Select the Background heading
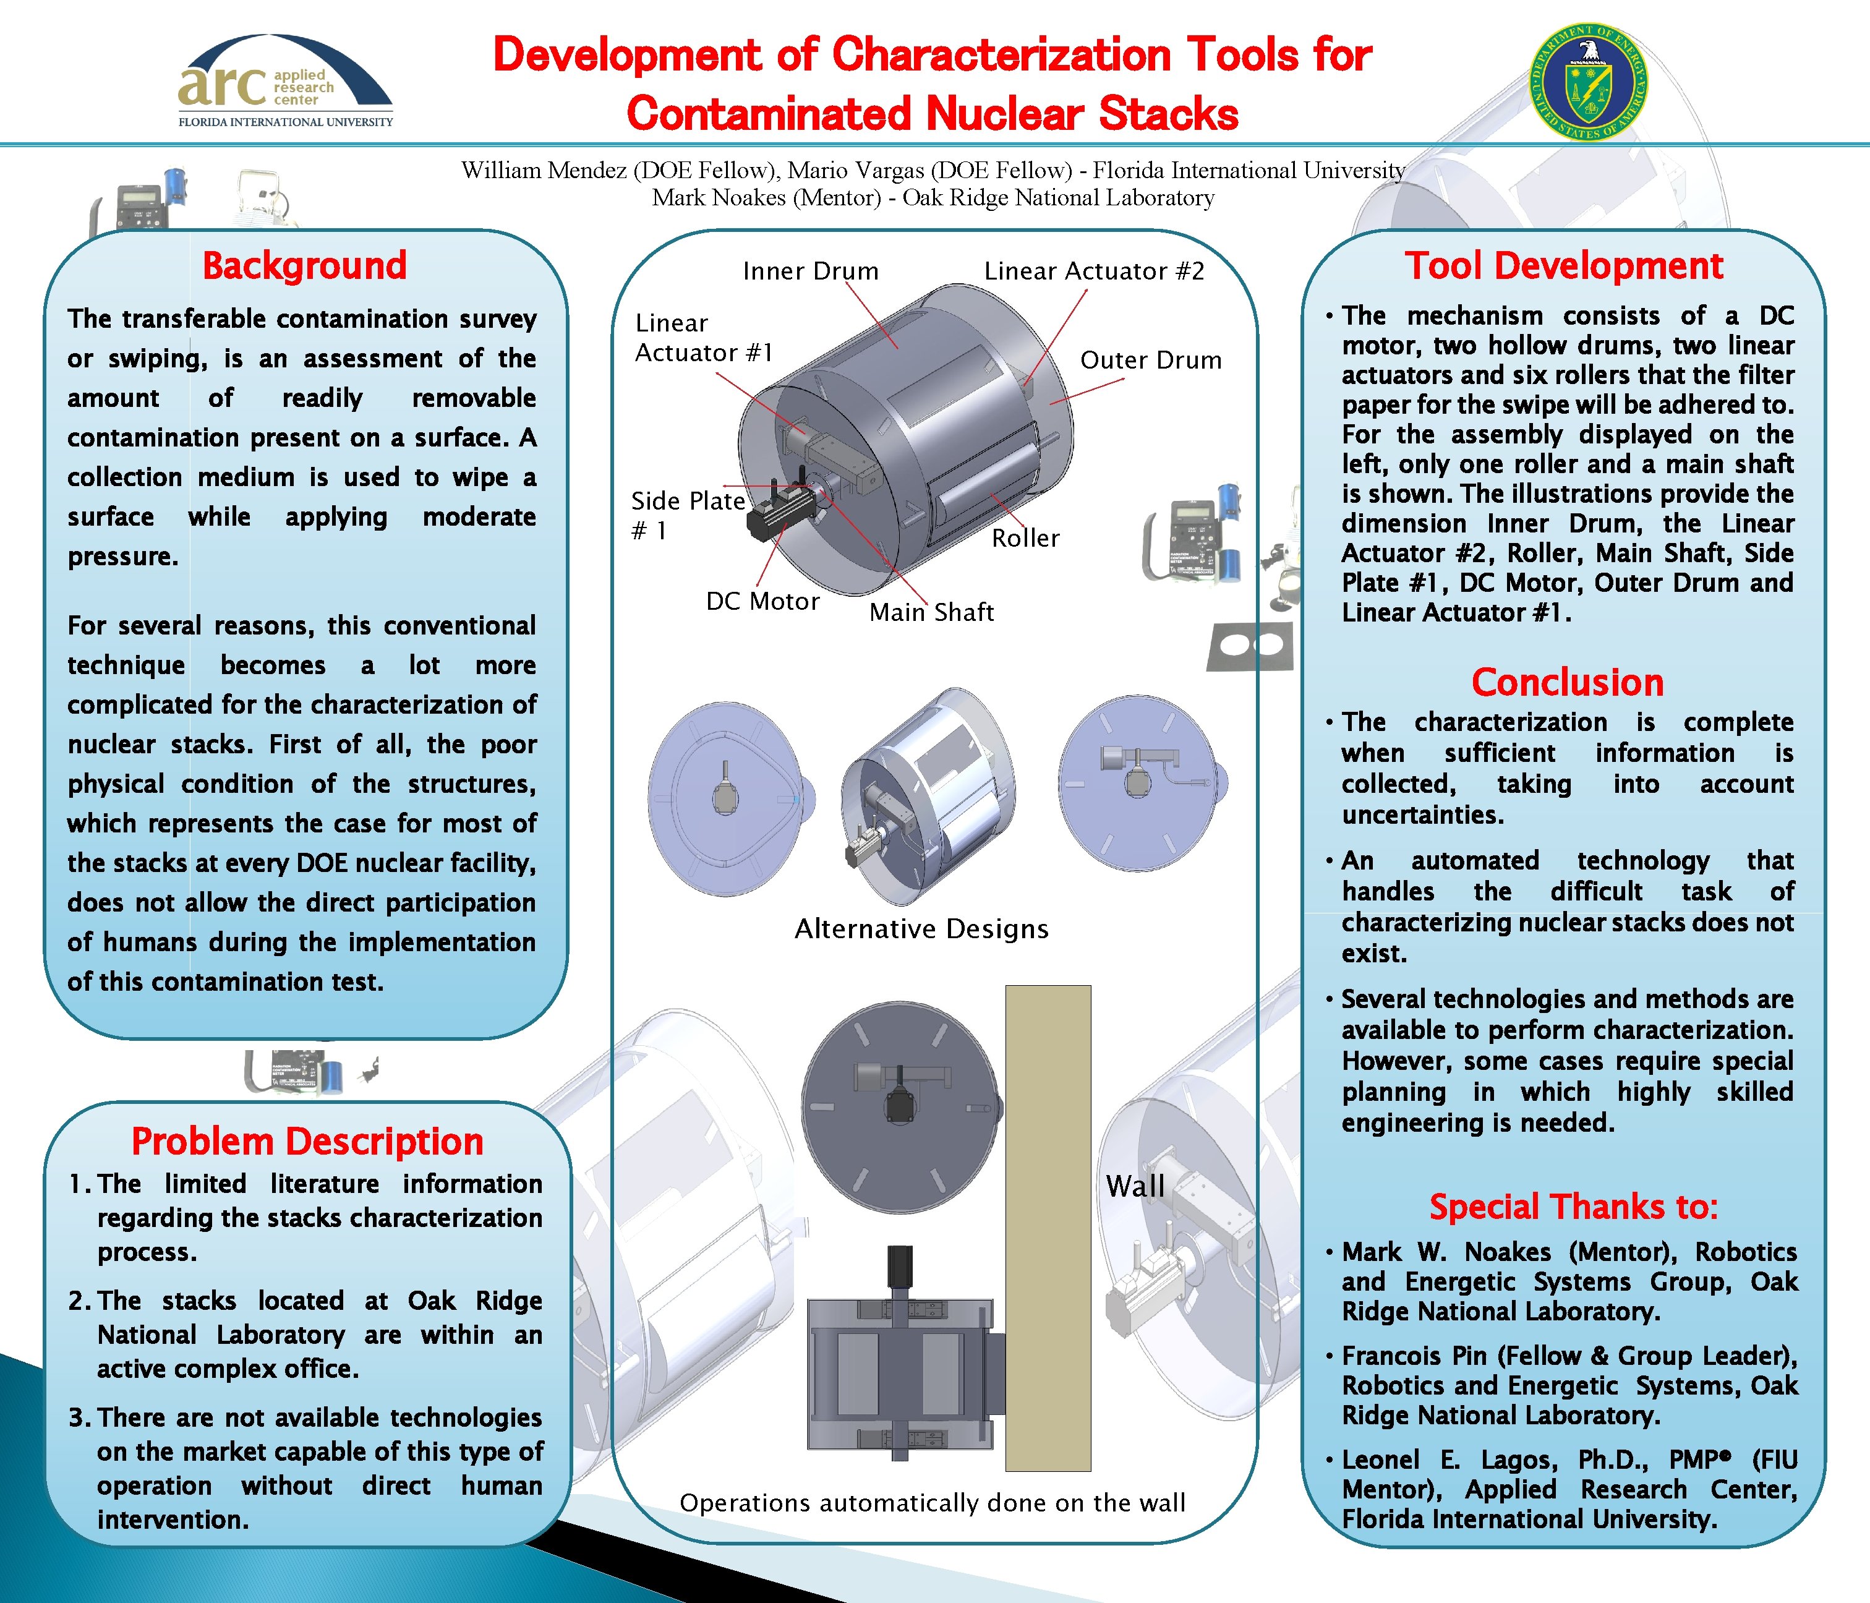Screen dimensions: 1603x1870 coord(304,267)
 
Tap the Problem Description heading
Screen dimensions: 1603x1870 coord(307,1142)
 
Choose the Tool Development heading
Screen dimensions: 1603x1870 coord(1563,267)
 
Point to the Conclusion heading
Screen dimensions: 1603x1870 coord(1567,682)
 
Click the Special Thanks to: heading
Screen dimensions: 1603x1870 coord(1573,1207)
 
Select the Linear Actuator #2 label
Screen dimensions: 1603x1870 coord(1094,271)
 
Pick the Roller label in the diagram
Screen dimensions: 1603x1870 coord(1025,538)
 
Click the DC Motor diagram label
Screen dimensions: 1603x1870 coord(762,601)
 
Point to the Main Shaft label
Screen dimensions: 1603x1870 coord(931,612)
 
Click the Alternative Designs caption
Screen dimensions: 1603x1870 coord(921,929)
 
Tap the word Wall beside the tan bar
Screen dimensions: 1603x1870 coord(1135,1186)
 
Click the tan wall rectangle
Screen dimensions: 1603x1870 coord(1048,1228)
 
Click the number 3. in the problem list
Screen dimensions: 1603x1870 coord(79,1418)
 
